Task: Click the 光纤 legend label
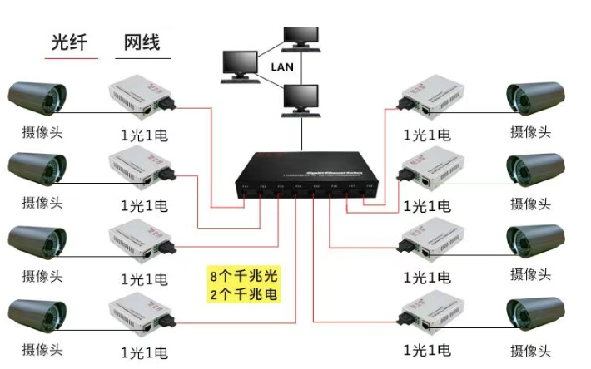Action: (68, 42)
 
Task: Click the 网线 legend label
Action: (142, 42)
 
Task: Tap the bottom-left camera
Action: (37, 314)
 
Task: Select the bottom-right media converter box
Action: (432, 316)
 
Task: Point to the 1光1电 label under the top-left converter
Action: (144, 133)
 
